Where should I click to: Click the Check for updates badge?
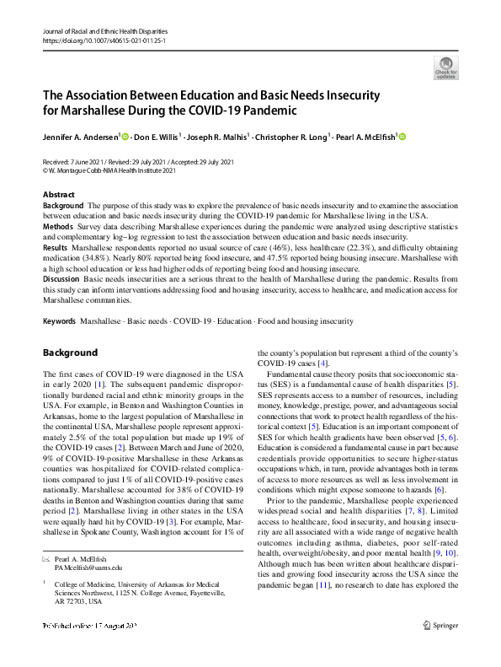click(x=446, y=67)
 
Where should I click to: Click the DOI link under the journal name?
click(x=97, y=40)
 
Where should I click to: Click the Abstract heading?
click(x=58, y=195)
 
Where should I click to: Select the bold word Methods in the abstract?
click(x=58, y=227)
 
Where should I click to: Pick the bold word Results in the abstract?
click(x=56, y=248)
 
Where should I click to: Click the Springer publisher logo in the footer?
click(x=440, y=648)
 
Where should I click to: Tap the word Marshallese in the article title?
click(x=98, y=110)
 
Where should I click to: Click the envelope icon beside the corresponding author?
click(x=46, y=559)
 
